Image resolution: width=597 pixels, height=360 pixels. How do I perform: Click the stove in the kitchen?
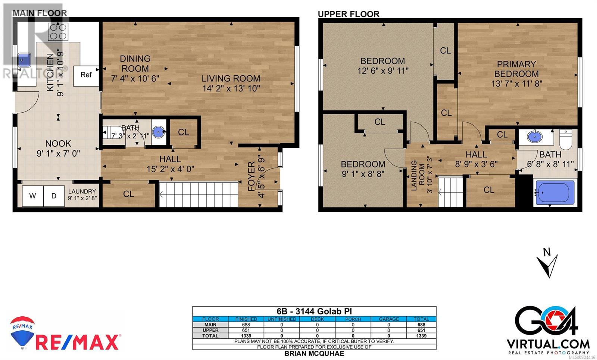pos(58,32)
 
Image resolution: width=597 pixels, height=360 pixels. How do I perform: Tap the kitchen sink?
pos(25,60)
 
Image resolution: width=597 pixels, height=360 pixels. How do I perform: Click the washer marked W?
pos(32,196)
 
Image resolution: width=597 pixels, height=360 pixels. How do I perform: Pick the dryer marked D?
pos(54,196)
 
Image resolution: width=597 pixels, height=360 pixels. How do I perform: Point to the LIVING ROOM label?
pos(231,79)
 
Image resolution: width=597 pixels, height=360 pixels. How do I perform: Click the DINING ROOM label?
pos(135,63)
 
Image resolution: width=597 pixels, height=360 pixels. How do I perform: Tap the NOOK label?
pos(58,144)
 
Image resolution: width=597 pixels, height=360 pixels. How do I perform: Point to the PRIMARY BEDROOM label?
pos(516,69)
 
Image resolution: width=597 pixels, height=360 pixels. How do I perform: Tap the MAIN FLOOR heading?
pos(40,13)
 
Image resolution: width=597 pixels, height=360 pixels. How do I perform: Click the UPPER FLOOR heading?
pos(348,14)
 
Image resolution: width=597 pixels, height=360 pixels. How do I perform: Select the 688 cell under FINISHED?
pos(246,325)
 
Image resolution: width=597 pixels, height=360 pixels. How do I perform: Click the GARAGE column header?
pos(389,319)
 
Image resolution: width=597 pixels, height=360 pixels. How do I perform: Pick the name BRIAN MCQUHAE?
pos(314,354)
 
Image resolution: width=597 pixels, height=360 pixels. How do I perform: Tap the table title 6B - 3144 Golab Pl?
pos(314,311)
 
